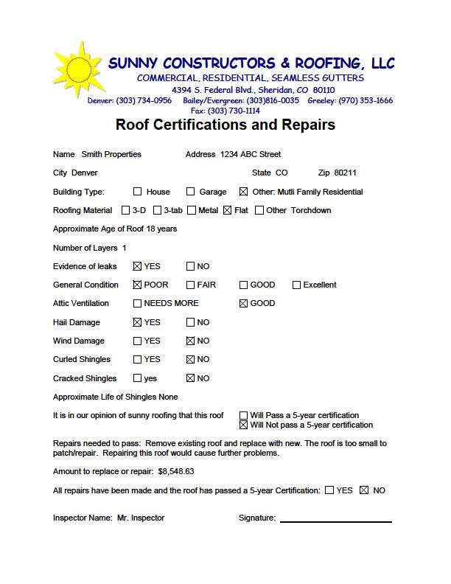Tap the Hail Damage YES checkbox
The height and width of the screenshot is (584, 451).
(138, 322)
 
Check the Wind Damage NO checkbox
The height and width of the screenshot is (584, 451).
(191, 341)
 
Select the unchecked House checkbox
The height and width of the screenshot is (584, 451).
(138, 192)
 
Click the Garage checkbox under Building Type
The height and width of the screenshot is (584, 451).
(191, 192)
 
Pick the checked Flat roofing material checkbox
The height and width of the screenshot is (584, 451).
(227, 210)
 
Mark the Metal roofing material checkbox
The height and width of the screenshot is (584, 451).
(192, 210)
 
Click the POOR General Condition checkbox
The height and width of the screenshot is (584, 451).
(138, 285)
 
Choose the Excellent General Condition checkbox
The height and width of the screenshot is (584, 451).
(296, 285)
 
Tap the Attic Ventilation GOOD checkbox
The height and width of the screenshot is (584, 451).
(243, 303)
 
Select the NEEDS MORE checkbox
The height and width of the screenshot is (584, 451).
(138, 303)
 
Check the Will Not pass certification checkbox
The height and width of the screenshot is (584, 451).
(244, 425)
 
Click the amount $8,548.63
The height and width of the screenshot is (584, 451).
(176, 471)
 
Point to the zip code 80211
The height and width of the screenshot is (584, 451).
(345, 173)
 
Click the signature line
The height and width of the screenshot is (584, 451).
(335, 521)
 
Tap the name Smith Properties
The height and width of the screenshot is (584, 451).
(111, 154)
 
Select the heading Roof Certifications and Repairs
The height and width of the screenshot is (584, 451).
(225, 125)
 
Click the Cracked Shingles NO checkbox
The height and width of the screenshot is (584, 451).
(191, 378)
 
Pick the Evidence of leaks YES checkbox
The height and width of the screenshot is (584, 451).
(138, 266)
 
